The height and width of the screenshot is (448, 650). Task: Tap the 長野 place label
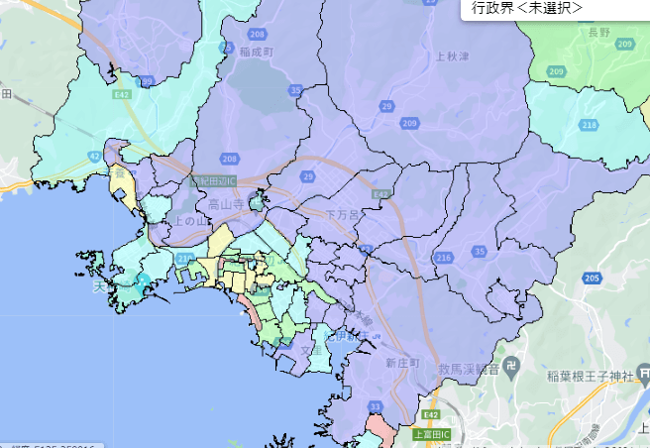point(599,33)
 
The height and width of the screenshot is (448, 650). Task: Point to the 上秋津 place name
point(452,56)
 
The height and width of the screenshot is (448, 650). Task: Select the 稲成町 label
point(256,51)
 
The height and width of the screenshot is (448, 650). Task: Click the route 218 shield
point(590,125)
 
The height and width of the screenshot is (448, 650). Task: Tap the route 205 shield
point(593,280)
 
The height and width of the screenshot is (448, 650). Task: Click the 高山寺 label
point(225,204)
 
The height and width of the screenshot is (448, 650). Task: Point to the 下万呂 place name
point(344,213)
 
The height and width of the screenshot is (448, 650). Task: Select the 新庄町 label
point(404,364)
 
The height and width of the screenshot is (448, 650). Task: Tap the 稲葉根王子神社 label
point(596,376)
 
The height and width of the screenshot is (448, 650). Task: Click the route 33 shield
point(375,406)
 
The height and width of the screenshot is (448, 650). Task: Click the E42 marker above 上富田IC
point(429,414)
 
